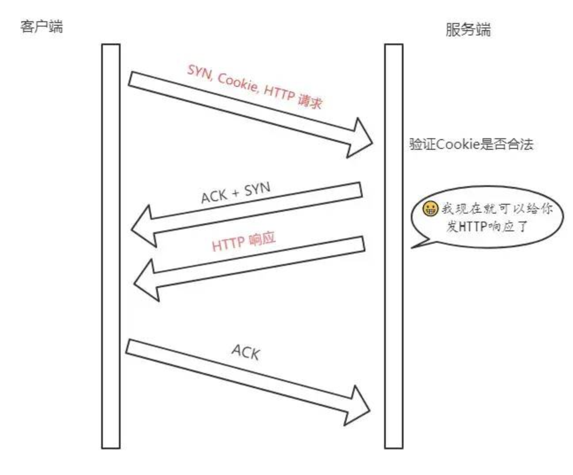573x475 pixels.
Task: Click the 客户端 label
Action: click(x=42, y=27)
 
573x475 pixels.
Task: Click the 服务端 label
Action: click(x=468, y=30)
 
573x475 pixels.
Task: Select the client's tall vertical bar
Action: click(x=111, y=246)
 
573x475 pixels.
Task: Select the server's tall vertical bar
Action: click(x=394, y=246)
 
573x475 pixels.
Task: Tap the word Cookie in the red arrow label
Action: click(x=238, y=82)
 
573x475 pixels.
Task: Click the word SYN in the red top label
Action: click(x=200, y=72)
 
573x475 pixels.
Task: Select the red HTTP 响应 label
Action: click(x=243, y=242)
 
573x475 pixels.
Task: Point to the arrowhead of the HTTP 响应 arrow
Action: click(x=146, y=280)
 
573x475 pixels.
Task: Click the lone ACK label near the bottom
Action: click(x=246, y=352)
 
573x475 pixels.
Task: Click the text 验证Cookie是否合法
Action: click(x=471, y=144)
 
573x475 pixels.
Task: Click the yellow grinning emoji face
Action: click(x=430, y=209)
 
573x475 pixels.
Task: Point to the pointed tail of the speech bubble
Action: click(x=412, y=248)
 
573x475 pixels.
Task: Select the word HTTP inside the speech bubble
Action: click(x=473, y=227)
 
